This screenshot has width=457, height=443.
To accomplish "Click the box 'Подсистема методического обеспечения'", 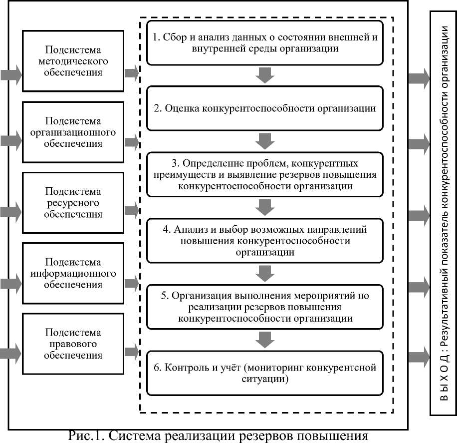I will pyautogui.click(x=73, y=61).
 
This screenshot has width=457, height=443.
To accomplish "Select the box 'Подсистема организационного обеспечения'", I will pyautogui.click(x=73, y=132).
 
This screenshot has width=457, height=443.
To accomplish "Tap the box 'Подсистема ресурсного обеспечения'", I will pyautogui.click(x=73, y=203).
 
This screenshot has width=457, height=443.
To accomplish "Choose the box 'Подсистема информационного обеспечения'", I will pyautogui.click(x=73, y=273).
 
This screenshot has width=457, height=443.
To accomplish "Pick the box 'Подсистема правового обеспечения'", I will pyautogui.click(x=73, y=344).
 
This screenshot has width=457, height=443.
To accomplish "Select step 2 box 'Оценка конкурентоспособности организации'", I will pyautogui.click(x=265, y=108).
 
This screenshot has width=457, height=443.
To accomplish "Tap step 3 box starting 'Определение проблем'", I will pyautogui.click(x=265, y=175).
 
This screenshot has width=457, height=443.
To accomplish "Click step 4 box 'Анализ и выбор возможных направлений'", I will pyautogui.click(x=265, y=242).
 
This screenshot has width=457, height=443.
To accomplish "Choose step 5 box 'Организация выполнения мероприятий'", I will pyautogui.click(x=265, y=307).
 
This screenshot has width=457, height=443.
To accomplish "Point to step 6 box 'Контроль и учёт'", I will pyautogui.click(x=265, y=373).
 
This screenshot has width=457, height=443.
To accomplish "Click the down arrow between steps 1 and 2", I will pyautogui.click(x=265, y=76).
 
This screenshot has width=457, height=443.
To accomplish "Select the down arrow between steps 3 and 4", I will pyautogui.click(x=265, y=206).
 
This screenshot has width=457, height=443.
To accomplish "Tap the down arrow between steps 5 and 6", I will pyautogui.click(x=265, y=339).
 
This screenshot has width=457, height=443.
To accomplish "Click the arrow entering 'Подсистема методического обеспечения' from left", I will pyautogui.click(x=11, y=75).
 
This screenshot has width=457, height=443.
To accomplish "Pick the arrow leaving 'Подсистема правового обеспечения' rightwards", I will pyautogui.click(x=131, y=352).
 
